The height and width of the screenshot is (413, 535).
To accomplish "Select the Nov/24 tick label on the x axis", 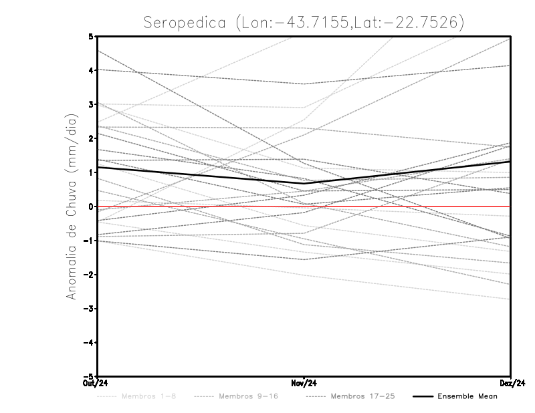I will point(304,383).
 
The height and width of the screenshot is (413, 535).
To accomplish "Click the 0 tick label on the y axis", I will point(90,206).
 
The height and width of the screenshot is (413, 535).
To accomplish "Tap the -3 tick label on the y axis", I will point(88,309).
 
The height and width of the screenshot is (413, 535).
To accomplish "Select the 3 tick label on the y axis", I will point(90,104).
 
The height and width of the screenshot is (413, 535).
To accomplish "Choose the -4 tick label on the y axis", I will point(88,343).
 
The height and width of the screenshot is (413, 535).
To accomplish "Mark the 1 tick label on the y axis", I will point(90,172).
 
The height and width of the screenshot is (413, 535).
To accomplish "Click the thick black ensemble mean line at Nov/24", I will point(304,183).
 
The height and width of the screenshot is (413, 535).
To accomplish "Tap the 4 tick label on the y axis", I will point(90,70).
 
